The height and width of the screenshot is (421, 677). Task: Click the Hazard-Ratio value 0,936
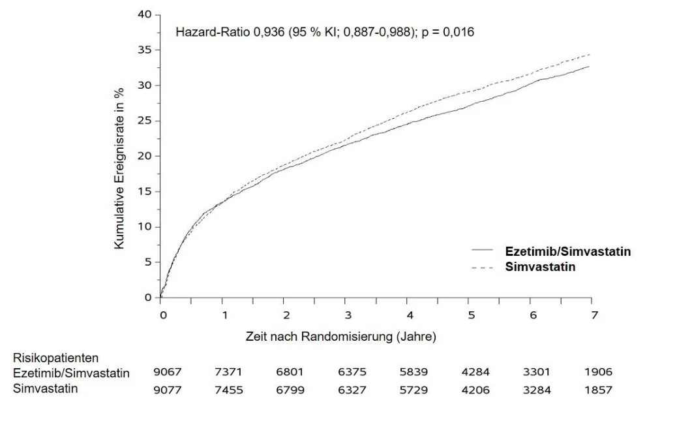point(269,32)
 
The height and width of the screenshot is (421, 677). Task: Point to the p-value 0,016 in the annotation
point(459,32)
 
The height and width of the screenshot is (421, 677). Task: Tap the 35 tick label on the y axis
point(145,50)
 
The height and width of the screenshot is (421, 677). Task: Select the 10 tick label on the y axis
point(145,227)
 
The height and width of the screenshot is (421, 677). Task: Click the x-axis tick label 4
point(410,315)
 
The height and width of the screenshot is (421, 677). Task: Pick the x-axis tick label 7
point(595,315)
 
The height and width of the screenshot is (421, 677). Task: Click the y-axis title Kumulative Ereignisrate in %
point(119,168)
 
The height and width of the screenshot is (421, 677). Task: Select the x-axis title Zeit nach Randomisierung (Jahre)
point(340,336)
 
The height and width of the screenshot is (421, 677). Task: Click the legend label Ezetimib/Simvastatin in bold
point(568,251)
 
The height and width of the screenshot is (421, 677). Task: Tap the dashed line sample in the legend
point(482,268)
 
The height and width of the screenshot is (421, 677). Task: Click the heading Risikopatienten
point(55,358)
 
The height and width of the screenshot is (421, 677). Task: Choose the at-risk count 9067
point(168,372)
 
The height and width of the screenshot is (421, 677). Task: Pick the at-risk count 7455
point(229,390)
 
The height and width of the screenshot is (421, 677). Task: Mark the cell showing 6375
point(352,372)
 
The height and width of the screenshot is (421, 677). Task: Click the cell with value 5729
point(414,390)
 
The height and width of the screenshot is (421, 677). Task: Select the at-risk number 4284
point(475,372)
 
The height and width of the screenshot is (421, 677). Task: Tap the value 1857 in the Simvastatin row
point(599,390)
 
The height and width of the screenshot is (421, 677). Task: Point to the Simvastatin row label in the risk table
point(46,388)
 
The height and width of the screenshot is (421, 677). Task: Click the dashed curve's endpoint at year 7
point(590,54)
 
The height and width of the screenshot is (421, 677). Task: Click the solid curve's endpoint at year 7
point(590,67)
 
